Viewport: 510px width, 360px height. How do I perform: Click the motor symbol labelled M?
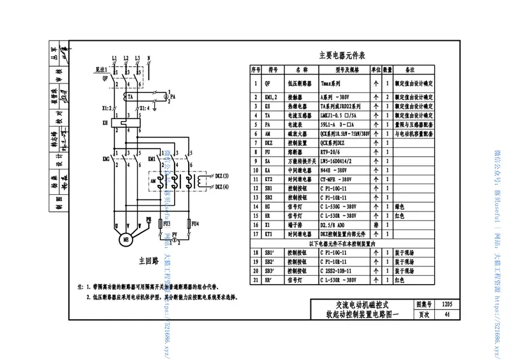(125, 238)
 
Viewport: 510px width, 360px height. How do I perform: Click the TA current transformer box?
(130, 96)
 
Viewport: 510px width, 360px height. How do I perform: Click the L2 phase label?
(126, 58)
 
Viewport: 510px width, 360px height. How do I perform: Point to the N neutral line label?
(149, 58)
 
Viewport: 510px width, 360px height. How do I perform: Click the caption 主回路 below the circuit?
(147, 262)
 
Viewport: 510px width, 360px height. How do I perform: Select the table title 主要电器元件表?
(345, 55)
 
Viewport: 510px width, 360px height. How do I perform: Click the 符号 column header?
(272, 69)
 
